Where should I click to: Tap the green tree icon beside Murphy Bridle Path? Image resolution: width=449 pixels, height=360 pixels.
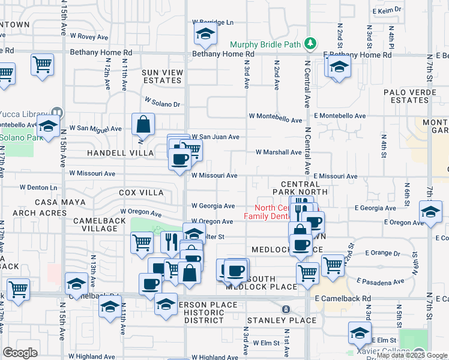310,43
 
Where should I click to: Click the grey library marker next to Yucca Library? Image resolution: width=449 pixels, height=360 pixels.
57,112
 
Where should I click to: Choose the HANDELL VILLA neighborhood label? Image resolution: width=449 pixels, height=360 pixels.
120,153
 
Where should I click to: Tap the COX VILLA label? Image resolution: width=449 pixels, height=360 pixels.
141,193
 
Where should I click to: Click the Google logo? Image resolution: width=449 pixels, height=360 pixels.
20,352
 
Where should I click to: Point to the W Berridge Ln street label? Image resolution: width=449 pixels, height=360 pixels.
212,22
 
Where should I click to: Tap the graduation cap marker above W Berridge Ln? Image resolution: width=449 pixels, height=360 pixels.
205,36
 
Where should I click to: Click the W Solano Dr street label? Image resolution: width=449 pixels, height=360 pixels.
162,103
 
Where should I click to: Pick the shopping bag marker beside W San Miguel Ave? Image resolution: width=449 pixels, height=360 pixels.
144,125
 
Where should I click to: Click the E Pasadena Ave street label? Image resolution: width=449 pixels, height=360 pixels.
380,281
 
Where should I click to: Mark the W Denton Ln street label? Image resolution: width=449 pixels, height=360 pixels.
38,188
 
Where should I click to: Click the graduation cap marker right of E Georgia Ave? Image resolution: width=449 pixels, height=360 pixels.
431,212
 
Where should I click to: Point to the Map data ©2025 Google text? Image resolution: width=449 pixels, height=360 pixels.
411,355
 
